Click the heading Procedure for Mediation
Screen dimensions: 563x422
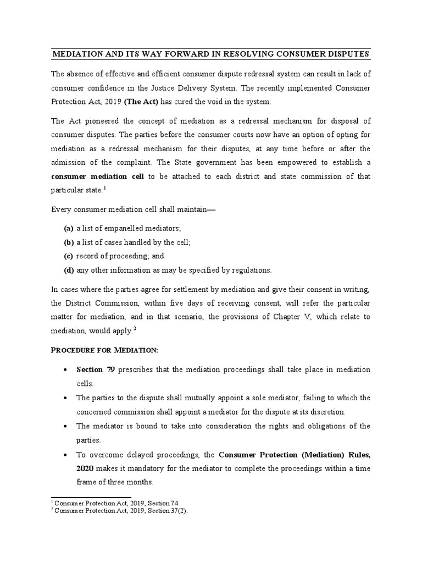point(104,350)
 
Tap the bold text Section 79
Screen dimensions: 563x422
point(95,369)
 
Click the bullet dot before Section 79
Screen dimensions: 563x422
point(66,369)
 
